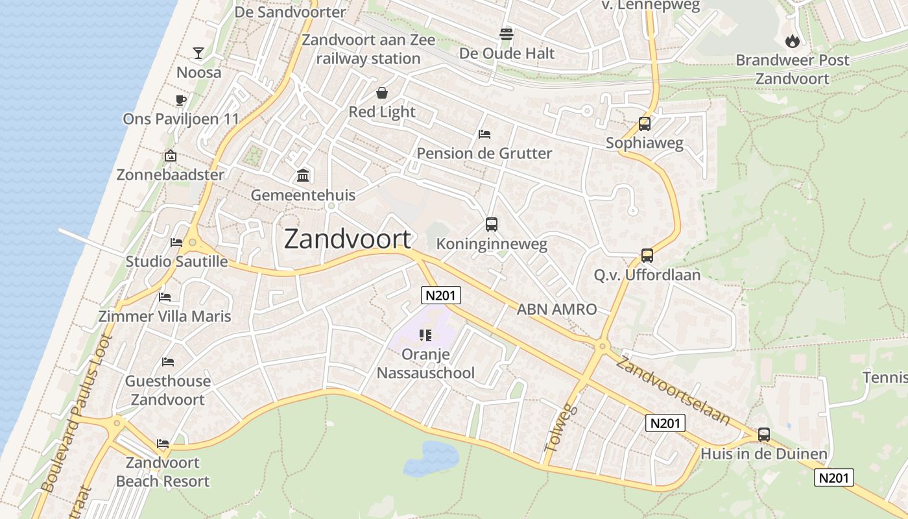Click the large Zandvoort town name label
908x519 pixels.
[x=348, y=239]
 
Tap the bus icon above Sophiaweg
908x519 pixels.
[x=644, y=124]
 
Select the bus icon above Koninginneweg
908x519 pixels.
[x=492, y=224]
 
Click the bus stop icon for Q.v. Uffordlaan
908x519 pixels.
[x=647, y=256]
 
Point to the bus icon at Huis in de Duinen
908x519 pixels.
[x=764, y=435]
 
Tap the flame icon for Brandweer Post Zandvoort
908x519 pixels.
[x=792, y=41]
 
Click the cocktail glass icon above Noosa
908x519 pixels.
[x=198, y=53]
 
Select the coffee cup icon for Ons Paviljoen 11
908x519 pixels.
[x=181, y=100]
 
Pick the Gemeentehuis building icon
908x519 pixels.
[x=303, y=176]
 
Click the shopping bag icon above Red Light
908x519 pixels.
[x=381, y=93]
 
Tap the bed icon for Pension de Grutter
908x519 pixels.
[x=484, y=134]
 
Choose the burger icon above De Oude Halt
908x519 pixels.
[x=507, y=34]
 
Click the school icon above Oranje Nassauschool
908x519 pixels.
[x=425, y=335]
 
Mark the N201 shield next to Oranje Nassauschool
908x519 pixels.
[x=441, y=296]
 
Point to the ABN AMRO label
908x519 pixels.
[x=556, y=309]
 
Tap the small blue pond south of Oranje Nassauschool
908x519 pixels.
[x=431, y=458]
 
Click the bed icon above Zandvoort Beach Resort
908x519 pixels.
[x=163, y=444]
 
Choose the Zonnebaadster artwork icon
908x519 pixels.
[x=171, y=156]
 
